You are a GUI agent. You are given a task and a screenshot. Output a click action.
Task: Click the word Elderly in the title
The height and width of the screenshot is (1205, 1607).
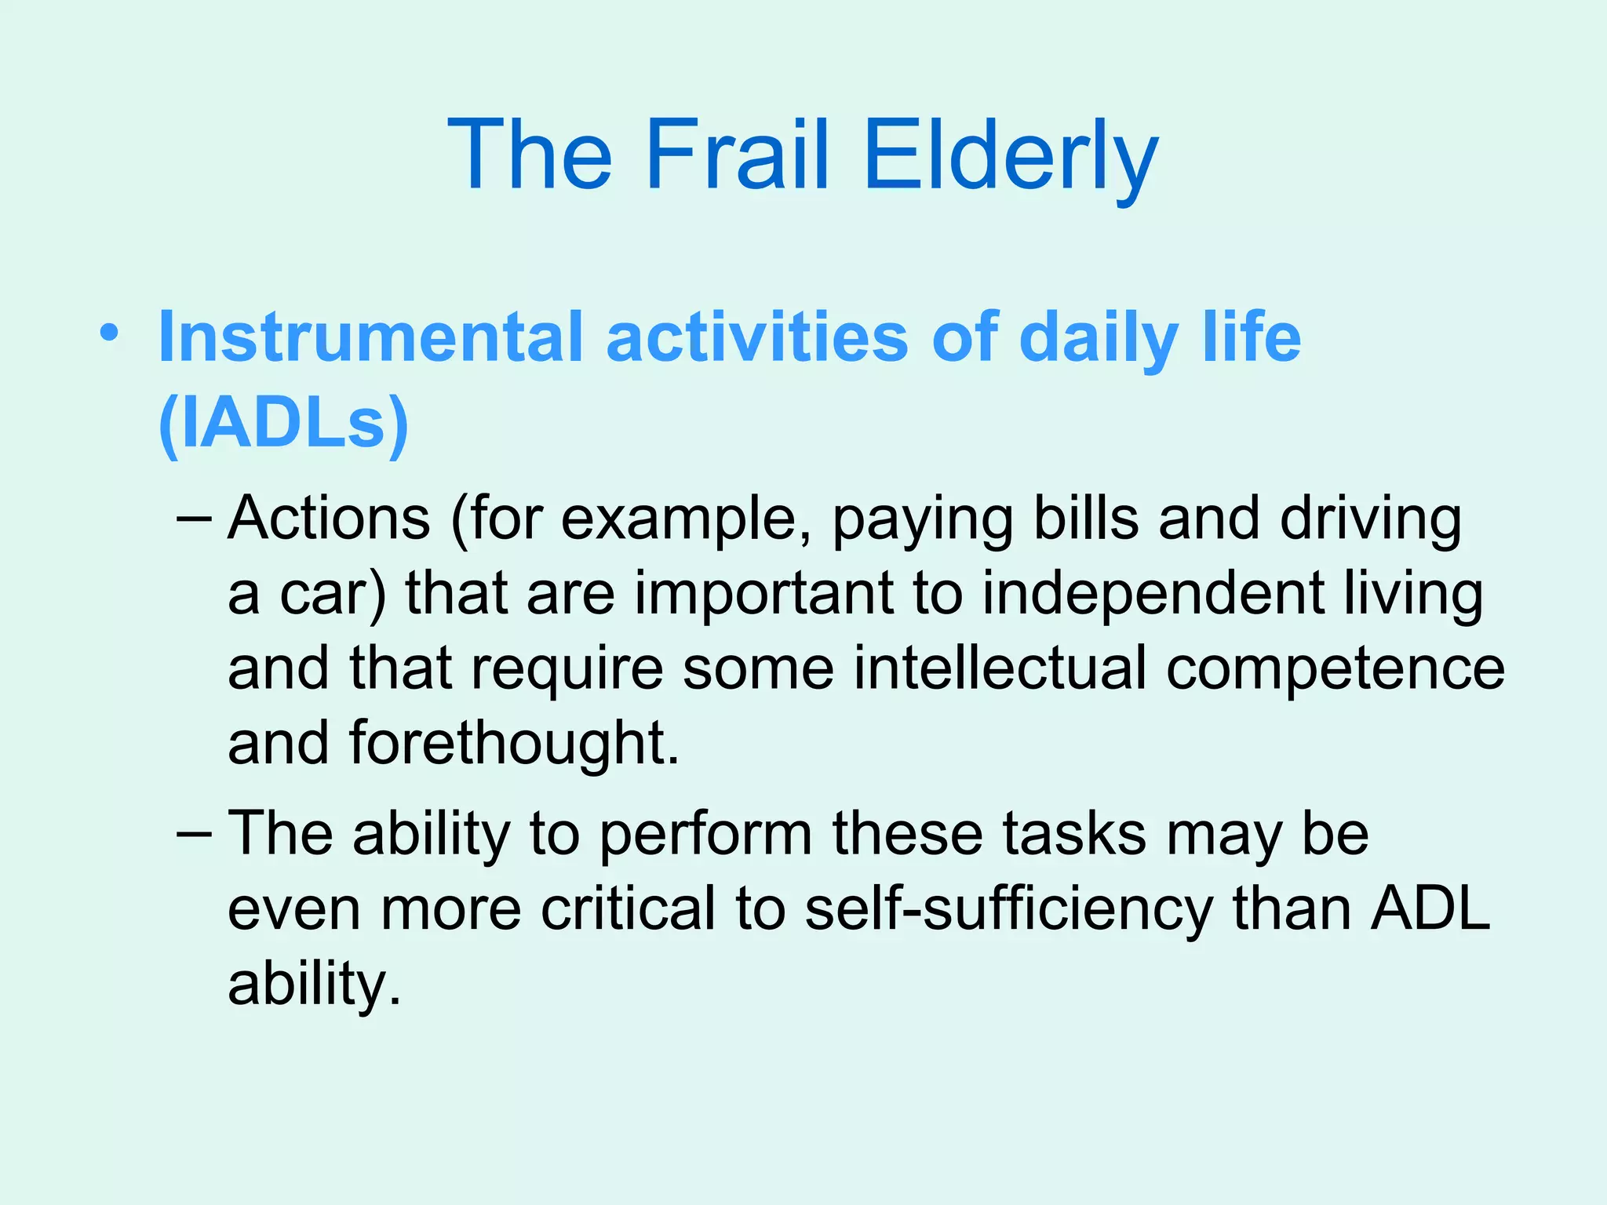point(1010,155)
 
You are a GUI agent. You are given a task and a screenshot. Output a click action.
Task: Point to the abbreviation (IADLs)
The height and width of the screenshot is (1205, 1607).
point(283,423)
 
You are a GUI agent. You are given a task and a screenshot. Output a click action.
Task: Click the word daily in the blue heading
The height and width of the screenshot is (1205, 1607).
point(1098,337)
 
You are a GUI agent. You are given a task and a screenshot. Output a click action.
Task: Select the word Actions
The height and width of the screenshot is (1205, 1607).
point(329,519)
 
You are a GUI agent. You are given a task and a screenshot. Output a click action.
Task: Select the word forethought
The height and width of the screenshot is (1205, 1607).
point(513,742)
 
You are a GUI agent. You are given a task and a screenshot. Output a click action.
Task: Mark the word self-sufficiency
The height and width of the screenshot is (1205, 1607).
point(1009,908)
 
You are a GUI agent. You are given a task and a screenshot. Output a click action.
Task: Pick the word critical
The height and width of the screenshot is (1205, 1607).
point(628,908)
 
